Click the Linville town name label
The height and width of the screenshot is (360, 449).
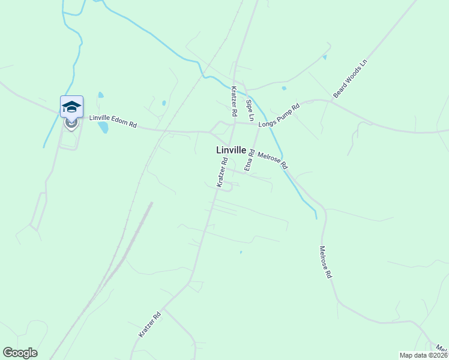(x=231, y=150)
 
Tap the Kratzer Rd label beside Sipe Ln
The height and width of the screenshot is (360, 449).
(x=234, y=101)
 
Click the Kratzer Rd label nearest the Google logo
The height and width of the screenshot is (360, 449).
(x=149, y=324)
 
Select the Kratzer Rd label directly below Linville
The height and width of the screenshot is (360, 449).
(x=222, y=173)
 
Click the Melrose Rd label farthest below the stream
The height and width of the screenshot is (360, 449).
(x=325, y=262)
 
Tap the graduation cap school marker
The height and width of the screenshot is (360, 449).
(x=71, y=107)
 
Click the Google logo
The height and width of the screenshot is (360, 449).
(x=20, y=353)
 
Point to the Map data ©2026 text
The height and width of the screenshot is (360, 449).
(x=423, y=355)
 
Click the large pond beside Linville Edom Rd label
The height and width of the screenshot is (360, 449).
(x=104, y=127)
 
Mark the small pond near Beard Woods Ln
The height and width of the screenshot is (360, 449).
(x=325, y=58)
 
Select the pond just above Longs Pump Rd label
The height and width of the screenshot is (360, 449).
(x=284, y=88)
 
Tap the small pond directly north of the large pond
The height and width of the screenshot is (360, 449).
(x=101, y=95)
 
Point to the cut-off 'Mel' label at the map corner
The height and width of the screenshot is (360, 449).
(x=442, y=349)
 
